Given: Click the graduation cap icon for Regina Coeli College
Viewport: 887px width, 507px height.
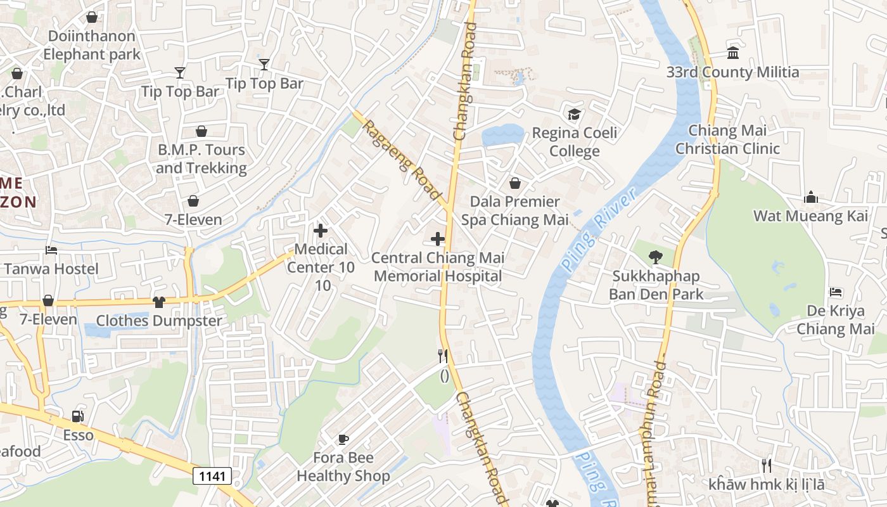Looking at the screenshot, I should (x=574, y=114).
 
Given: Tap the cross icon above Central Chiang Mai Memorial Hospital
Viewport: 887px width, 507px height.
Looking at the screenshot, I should (x=437, y=239).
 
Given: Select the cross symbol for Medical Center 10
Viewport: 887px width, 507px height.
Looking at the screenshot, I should (x=321, y=231).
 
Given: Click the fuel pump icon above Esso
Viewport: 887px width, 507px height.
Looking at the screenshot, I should (x=77, y=416).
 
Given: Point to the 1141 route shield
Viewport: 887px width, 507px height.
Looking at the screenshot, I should (x=212, y=476).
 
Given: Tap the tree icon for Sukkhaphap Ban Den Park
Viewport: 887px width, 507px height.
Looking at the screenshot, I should (x=655, y=257).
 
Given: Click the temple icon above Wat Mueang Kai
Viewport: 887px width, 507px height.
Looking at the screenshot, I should (x=810, y=198).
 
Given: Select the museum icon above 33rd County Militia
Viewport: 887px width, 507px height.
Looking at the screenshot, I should (x=733, y=53).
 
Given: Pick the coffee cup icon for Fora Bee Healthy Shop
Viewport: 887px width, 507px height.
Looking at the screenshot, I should (x=343, y=439).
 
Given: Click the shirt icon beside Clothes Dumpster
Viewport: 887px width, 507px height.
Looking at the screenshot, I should (x=158, y=302).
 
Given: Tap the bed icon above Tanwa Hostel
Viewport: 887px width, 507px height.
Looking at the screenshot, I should (x=51, y=250).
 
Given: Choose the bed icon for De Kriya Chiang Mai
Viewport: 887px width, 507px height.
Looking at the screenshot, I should (x=836, y=292).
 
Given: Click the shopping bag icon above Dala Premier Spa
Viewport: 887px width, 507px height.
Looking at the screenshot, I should (x=515, y=183).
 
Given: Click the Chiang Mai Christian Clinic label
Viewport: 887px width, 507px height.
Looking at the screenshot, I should (x=727, y=139).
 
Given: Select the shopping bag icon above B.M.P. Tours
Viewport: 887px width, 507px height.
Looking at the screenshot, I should (x=201, y=131).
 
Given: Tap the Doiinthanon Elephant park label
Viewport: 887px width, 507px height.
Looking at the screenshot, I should (x=92, y=45).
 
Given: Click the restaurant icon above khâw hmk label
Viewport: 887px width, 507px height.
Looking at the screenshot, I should (x=767, y=466).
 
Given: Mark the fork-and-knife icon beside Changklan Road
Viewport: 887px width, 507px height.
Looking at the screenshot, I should (x=443, y=356).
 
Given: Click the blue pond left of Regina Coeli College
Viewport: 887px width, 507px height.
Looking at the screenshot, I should (x=502, y=135).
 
